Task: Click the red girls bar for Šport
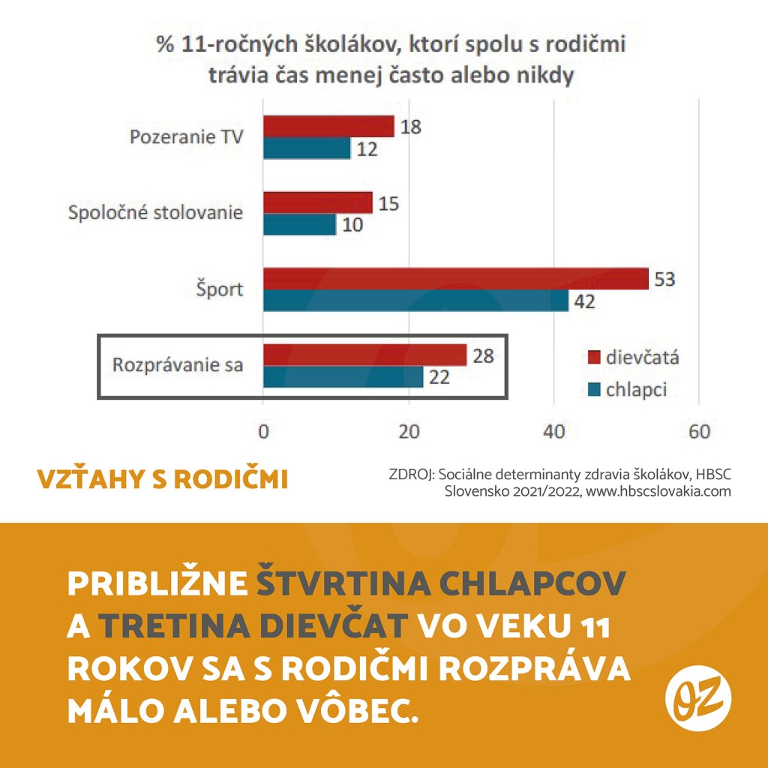(455, 279)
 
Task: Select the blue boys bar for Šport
(415, 301)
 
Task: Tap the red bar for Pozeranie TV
(328, 127)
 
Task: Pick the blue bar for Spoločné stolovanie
(299, 224)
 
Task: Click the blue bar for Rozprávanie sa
(343, 376)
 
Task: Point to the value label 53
(664, 279)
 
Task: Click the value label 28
(483, 355)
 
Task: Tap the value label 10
(352, 224)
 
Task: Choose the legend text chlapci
(636, 389)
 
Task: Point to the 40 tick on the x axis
(553, 432)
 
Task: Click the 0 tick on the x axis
(263, 432)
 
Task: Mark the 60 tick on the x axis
(698, 432)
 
